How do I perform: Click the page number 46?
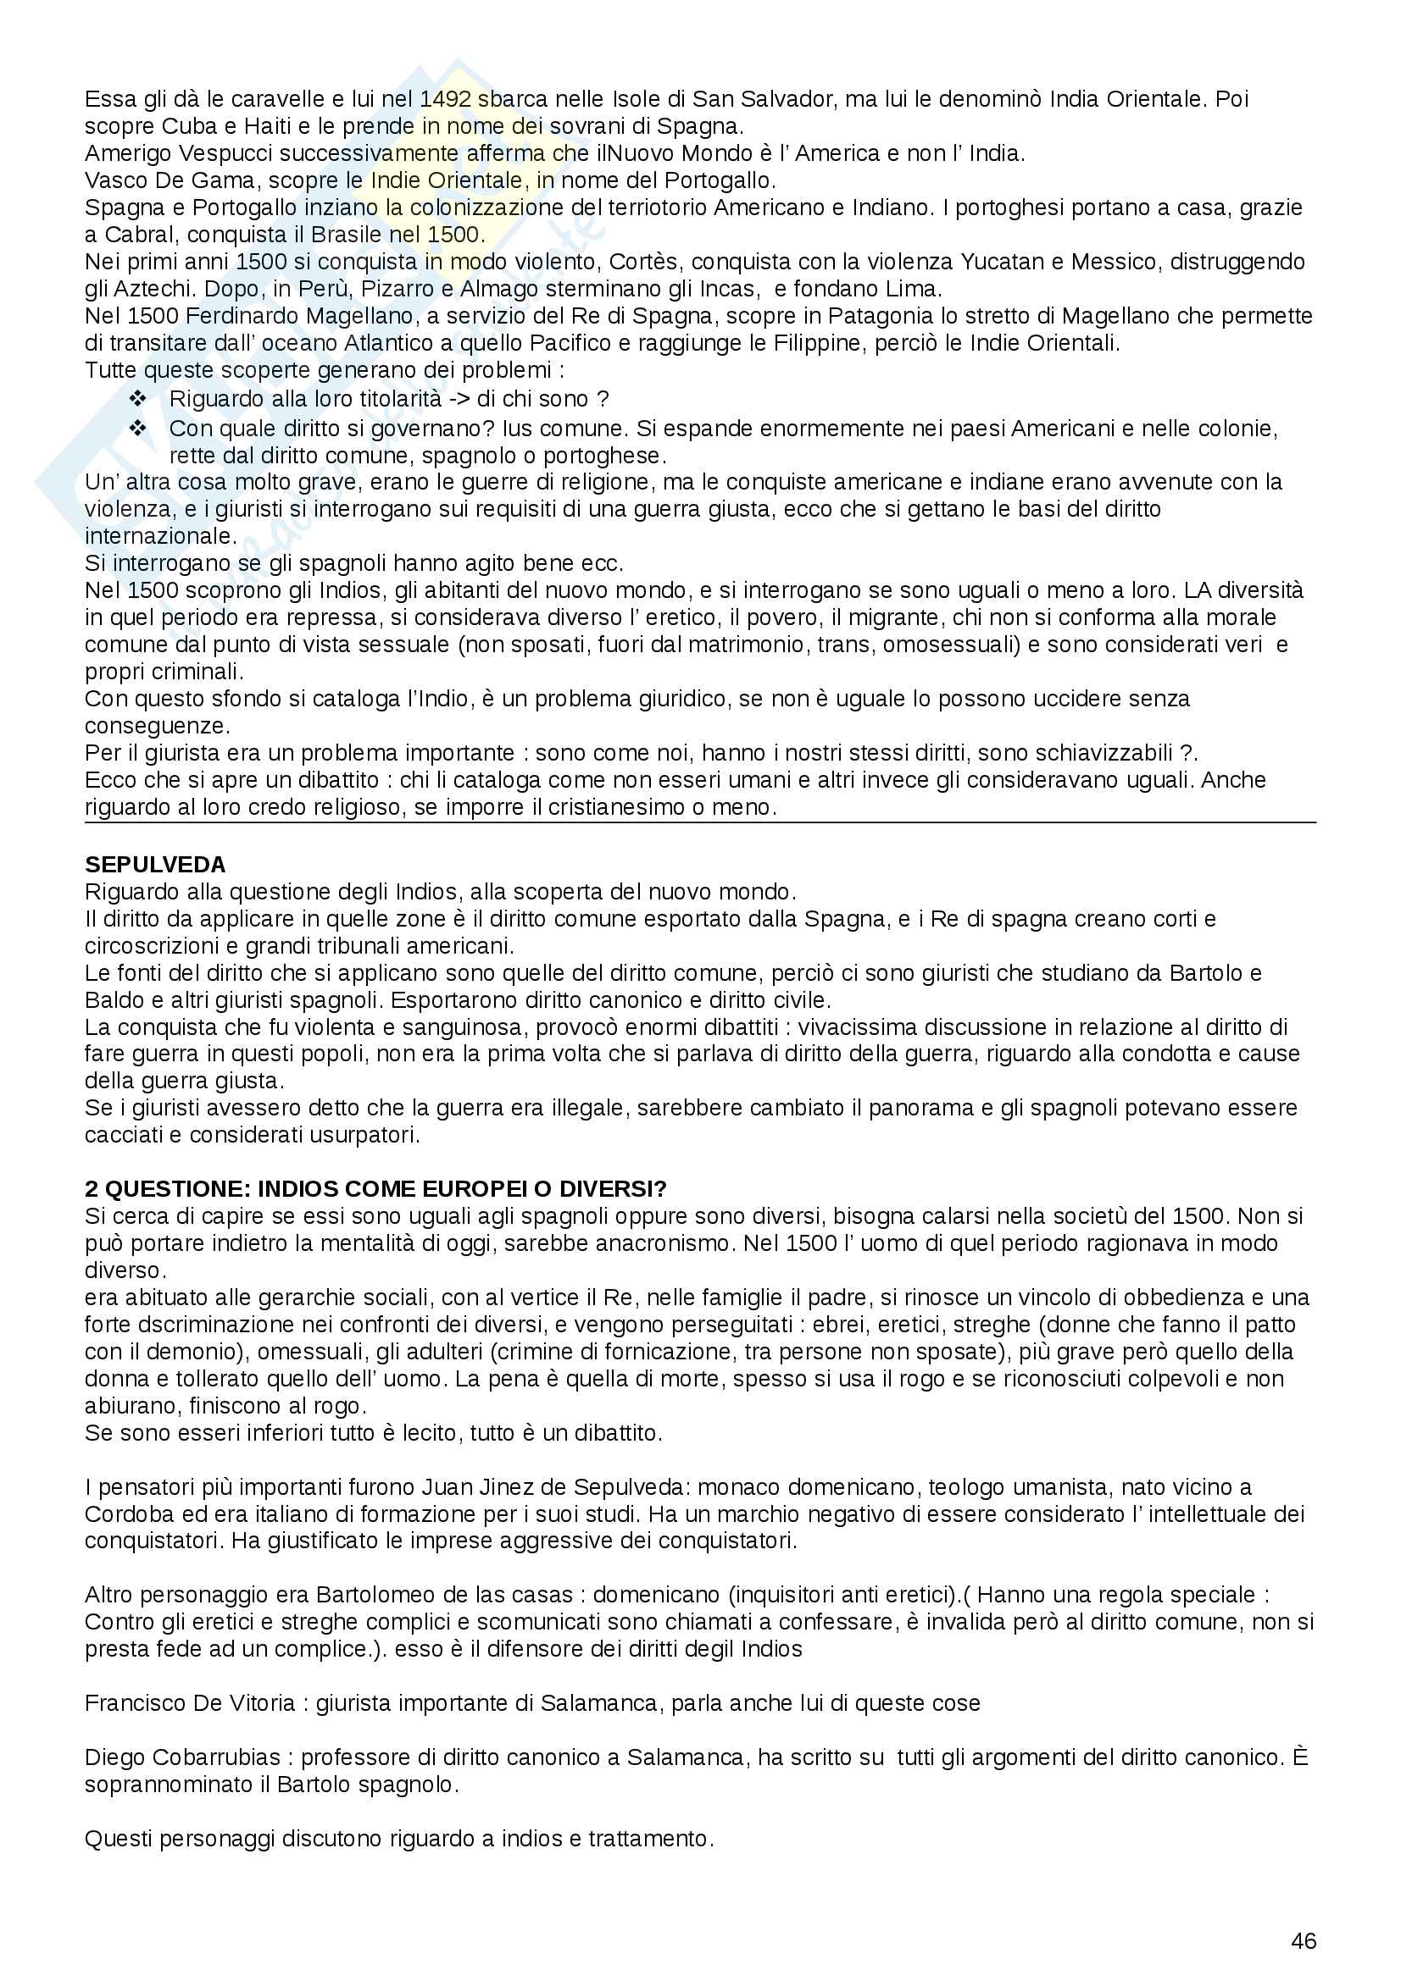coord(1304,1940)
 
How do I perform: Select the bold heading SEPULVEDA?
coord(155,865)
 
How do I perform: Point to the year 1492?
coord(446,99)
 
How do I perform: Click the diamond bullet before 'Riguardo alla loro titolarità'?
coord(138,399)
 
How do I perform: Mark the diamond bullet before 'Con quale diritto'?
coord(138,428)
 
